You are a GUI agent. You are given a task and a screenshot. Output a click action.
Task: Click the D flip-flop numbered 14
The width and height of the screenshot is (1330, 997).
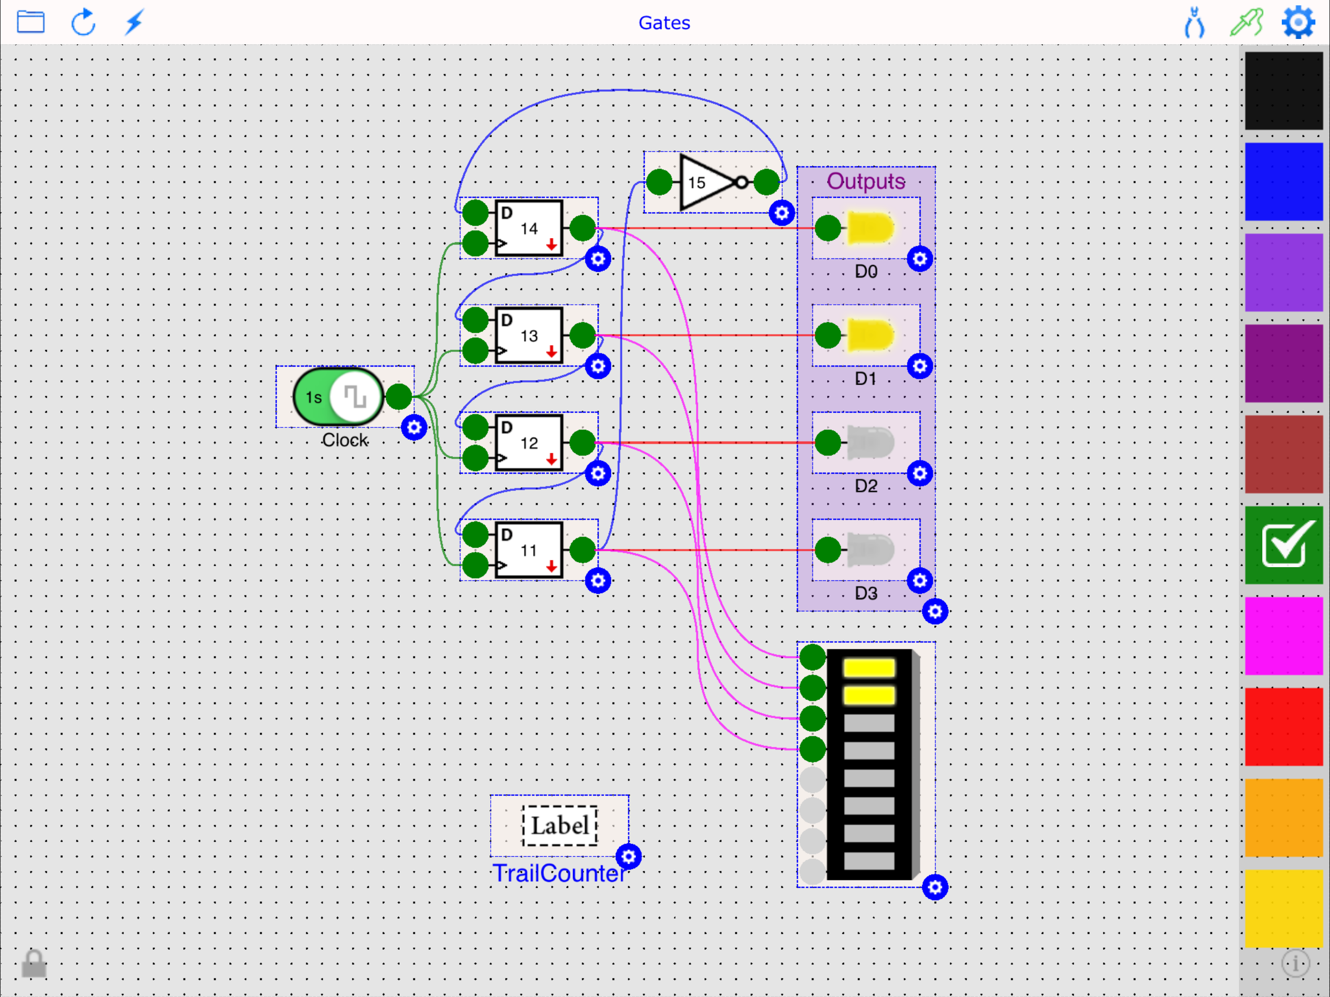(x=529, y=228)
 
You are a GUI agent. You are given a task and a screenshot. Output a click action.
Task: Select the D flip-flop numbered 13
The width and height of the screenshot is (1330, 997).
(x=529, y=335)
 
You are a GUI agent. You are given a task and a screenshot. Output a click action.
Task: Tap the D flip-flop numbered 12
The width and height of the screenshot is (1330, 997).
(x=529, y=443)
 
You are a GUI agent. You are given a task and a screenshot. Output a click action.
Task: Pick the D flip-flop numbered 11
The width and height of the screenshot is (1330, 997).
(x=529, y=550)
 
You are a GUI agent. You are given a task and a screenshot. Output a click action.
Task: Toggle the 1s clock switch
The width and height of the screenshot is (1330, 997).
(x=338, y=397)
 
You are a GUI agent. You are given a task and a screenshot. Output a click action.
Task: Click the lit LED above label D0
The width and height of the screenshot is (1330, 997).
(x=869, y=228)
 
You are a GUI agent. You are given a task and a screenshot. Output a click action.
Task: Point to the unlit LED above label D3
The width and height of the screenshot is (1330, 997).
(x=869, y=550)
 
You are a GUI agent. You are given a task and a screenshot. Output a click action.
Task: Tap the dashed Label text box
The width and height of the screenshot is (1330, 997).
(x=559, y=826)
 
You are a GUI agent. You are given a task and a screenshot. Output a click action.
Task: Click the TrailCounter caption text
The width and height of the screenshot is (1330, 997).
(x=559, y=873)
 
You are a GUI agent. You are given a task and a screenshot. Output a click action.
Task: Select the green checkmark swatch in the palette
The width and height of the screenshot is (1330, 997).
(x=1284, y=545)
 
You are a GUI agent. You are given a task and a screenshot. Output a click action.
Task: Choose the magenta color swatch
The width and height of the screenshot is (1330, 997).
(x=1284, y=636)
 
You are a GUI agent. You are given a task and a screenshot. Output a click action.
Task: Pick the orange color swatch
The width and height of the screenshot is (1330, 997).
(x=1284, y=817)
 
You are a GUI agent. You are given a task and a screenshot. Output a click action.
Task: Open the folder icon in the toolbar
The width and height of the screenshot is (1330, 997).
(x=31, y=22)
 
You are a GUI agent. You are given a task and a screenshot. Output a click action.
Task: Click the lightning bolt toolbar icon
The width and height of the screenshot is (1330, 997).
(x=134, y=22)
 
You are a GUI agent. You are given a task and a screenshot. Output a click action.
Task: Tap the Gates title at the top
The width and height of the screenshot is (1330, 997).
(x=664, y=23)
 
